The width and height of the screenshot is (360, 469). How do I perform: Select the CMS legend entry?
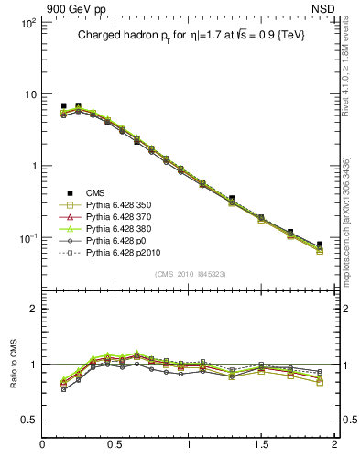pos(95,192)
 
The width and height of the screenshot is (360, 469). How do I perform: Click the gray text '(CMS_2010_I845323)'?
pos(190,273)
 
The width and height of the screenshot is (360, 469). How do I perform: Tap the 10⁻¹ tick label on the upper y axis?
pos(27,237)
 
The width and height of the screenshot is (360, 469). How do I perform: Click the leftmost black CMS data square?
pos(63,106)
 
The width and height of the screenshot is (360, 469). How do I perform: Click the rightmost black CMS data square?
pos(320,245)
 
